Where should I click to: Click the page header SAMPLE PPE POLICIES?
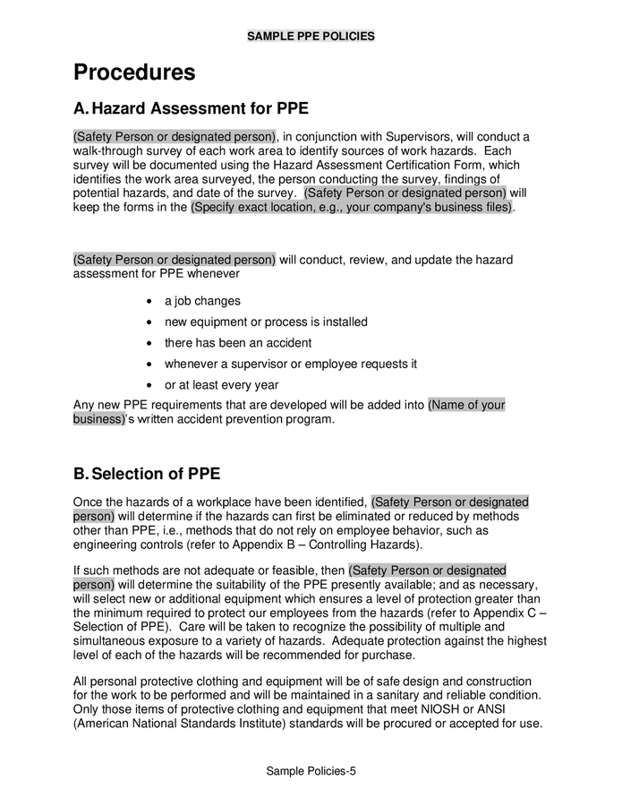pos(311,37)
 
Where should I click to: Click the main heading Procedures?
pos(134,73)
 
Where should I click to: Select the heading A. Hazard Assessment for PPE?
pos(191,109)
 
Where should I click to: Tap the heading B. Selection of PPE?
pos(147,474)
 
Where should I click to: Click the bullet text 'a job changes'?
pos(202,301)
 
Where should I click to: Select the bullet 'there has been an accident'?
pos(238,343)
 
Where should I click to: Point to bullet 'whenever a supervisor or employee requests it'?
pos(291,364)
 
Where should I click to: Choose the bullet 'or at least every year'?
pos(221,385)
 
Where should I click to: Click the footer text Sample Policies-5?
pos(311,771)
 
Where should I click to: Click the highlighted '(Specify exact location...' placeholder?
pos(352,208)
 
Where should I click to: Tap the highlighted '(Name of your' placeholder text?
pos(466,405)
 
